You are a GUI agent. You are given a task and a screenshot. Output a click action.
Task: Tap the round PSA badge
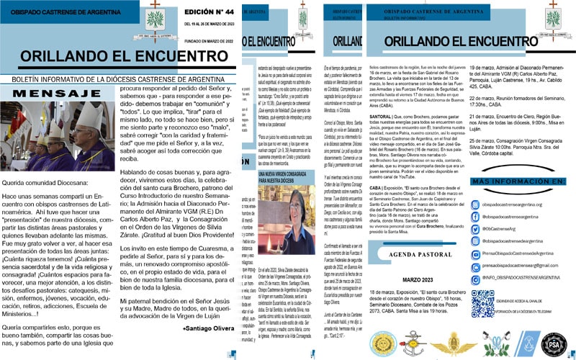553,343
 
